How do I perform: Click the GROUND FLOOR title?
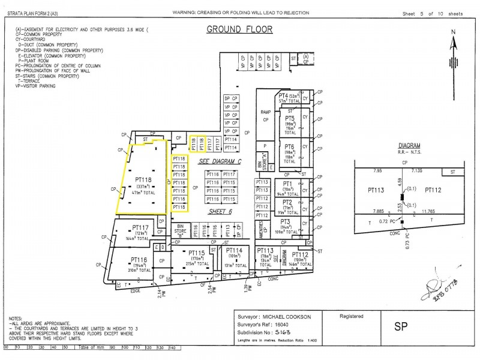pyautogui.click(x=239, y=29)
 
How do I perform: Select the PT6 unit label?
pyautogui.click(x=289, y=146)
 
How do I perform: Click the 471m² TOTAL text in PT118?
pyautogui.click(x=143, y=194)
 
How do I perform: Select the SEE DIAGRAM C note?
pyautogui.click(x=219, y=161)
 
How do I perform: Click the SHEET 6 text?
pyautogui.click(x=220, y=211)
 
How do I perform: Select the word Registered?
pyautogui.click(x=352, y=316)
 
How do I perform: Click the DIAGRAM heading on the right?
pyautogui.click(x=409, y=146)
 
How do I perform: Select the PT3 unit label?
pyautogui.click(x=286, y=221)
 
